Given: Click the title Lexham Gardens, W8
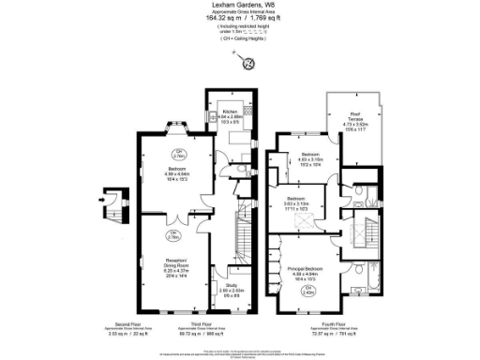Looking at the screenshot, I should coord(240,5).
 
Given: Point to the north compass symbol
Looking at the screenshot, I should coord(249,63).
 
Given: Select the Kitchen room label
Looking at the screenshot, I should coord(230,115).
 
